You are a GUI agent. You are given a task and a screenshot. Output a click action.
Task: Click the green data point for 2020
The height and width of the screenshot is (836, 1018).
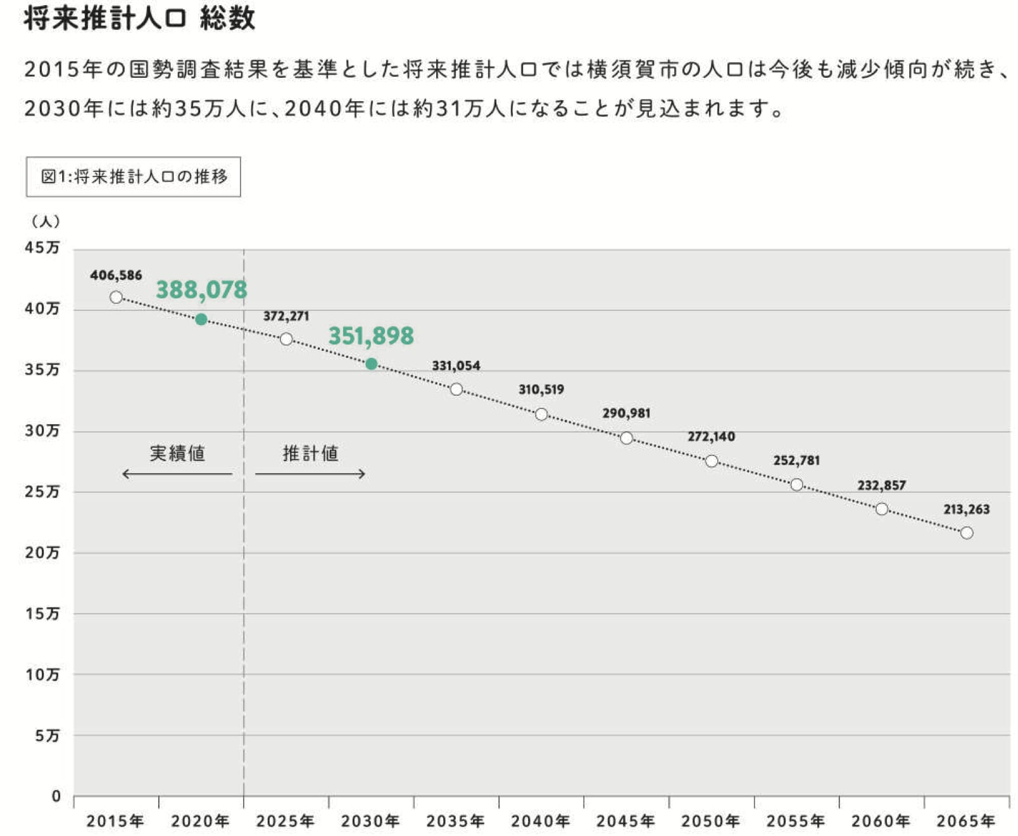coord(201,319)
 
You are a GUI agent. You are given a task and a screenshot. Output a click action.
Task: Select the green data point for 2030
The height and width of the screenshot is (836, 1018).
coord(372,364)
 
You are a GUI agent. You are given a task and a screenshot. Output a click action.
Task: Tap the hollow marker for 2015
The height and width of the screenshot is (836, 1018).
coord(116,297)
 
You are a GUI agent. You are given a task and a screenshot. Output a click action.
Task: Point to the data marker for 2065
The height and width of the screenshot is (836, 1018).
coord(967,533)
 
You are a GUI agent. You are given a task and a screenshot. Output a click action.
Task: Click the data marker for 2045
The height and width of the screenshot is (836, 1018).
coord(627,438)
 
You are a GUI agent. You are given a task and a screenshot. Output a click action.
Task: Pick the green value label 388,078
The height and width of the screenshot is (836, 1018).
coord(201,290)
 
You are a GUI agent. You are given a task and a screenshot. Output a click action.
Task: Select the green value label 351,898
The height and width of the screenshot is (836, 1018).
coord(371,336)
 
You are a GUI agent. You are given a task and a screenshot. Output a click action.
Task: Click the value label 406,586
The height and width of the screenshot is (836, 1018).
coord(116,275)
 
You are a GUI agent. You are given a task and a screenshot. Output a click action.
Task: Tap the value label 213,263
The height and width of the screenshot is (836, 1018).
coord(966,509)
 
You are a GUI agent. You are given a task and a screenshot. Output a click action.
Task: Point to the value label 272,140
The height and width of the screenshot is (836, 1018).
coord(711,436)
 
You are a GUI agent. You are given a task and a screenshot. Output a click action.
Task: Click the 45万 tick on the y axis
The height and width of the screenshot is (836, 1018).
coord(42,248)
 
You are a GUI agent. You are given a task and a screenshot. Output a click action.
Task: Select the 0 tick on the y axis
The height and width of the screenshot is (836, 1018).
coord(56,796)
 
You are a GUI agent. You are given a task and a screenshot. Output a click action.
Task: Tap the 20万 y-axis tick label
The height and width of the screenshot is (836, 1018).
coord(42,553)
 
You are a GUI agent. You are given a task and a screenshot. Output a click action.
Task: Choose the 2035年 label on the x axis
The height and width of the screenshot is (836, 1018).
coord(455,821)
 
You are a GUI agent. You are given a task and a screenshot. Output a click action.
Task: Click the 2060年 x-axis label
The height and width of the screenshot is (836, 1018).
coord(881,821)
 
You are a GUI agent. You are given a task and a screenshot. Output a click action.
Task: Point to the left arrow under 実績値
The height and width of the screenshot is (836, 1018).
coord(177,474)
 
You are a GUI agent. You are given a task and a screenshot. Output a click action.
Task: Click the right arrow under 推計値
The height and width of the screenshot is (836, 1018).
coord(310,474)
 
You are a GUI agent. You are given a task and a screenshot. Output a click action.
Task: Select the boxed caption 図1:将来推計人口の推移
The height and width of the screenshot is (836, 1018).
coord(134,177)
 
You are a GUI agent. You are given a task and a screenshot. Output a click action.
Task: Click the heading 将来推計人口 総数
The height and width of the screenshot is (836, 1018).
coord(139,18)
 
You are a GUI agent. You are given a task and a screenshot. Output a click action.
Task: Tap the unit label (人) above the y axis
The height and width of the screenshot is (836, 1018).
coord(46,222)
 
